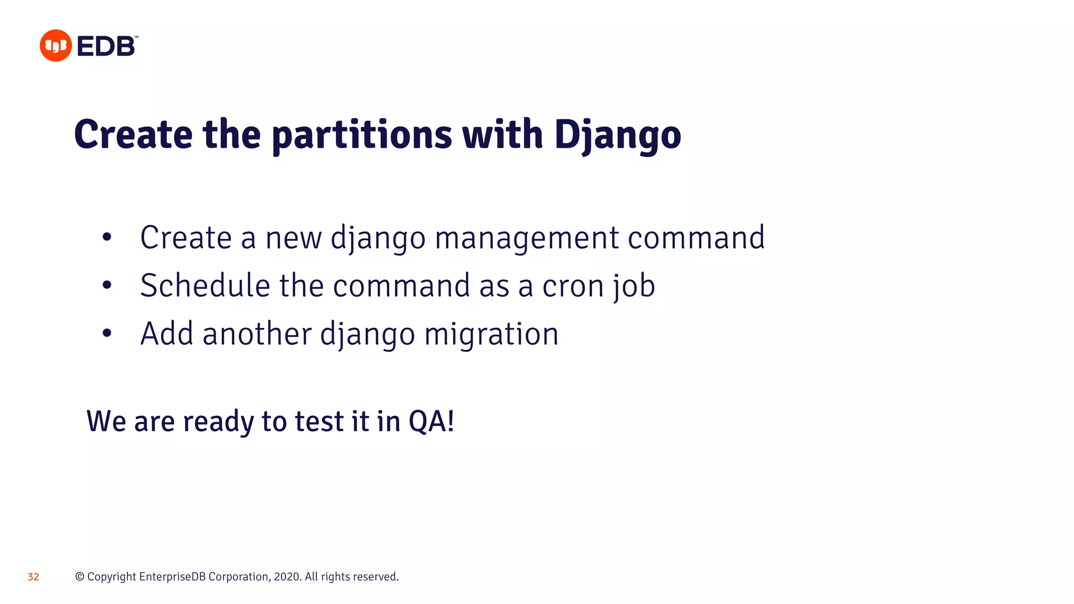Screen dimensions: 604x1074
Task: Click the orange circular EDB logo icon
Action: (56, 46)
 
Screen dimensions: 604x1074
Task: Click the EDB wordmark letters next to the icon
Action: (106, 47)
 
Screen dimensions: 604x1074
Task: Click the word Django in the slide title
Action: (617, 135)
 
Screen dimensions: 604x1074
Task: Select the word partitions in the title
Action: (361, 135)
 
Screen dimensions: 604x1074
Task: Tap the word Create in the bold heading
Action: (133, 135)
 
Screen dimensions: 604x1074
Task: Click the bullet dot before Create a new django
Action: (107, 238)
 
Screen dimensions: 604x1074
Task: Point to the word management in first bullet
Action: (527, 238)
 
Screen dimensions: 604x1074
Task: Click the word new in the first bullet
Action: (293, 238)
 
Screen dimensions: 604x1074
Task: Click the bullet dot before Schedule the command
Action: (107, 285)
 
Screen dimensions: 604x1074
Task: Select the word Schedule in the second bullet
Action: (205, 285)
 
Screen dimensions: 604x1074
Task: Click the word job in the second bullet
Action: (633, 286)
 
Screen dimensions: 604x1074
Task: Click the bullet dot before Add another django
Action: (107, 333)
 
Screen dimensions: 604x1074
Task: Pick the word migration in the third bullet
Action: (491, 334)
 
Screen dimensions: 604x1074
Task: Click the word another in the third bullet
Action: (256, 333)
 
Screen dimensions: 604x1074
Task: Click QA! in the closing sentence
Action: (431, 421)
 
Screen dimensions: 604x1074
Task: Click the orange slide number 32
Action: (33, 577)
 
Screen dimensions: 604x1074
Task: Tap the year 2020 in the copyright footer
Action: (287, 577)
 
